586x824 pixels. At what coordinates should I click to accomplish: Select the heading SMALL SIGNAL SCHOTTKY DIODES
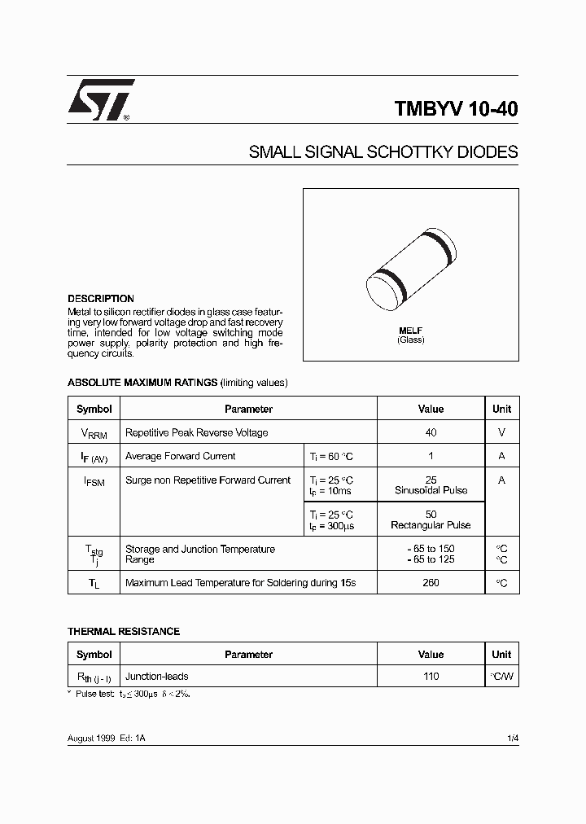point(383,152)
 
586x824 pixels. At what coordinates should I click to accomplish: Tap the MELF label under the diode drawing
point(410,331)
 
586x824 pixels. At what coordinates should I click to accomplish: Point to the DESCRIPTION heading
point(100,299)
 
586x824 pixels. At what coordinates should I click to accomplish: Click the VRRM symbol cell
point(94,433)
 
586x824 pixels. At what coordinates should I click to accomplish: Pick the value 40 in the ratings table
point(431,432)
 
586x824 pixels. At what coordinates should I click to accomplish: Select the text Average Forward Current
point(181,456)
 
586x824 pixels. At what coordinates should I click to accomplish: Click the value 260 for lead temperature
point(431,583)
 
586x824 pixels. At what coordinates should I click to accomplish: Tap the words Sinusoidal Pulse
point(431,491)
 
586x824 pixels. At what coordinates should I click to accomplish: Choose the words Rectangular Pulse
point(431,525)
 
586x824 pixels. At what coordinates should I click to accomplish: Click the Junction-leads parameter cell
point(157,676)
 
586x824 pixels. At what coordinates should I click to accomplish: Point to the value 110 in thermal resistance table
point(431,676)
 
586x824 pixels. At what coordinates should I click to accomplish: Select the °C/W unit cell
point(501,676)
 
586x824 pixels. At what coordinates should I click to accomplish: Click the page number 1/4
point(512,738)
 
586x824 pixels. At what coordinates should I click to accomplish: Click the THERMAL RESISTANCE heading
point(123,631)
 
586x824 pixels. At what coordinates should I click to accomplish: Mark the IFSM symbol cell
point(94,482)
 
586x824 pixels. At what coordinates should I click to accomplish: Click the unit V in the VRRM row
point(501,432)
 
